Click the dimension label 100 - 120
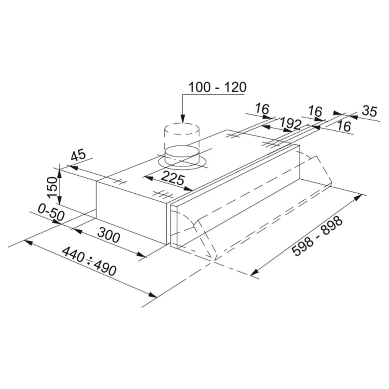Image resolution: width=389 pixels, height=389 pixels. pyautogui.click(x=217, y=87)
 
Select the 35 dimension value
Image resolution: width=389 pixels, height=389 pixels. pyautogui.click(x=370, y=111)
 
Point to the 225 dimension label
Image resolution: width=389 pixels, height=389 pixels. pyautogui.click(x=173, y=178)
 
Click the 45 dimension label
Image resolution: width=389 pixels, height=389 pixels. pyautogui.click(x=79, y=155)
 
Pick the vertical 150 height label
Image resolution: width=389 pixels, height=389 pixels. pyautogui.click(x=52, y=187)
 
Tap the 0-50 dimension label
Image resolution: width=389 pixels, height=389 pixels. pyautogui.click(x=51, y=212)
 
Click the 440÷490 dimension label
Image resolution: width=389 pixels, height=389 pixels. pyautogui.click(x=89, y=261)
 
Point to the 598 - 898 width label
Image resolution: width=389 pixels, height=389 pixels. pyautogui.click(x=317, y=236)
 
